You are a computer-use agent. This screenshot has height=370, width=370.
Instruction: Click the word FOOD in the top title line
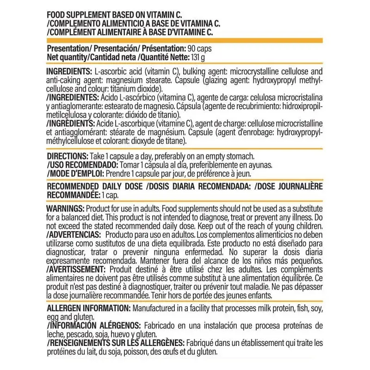coord(58,14)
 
